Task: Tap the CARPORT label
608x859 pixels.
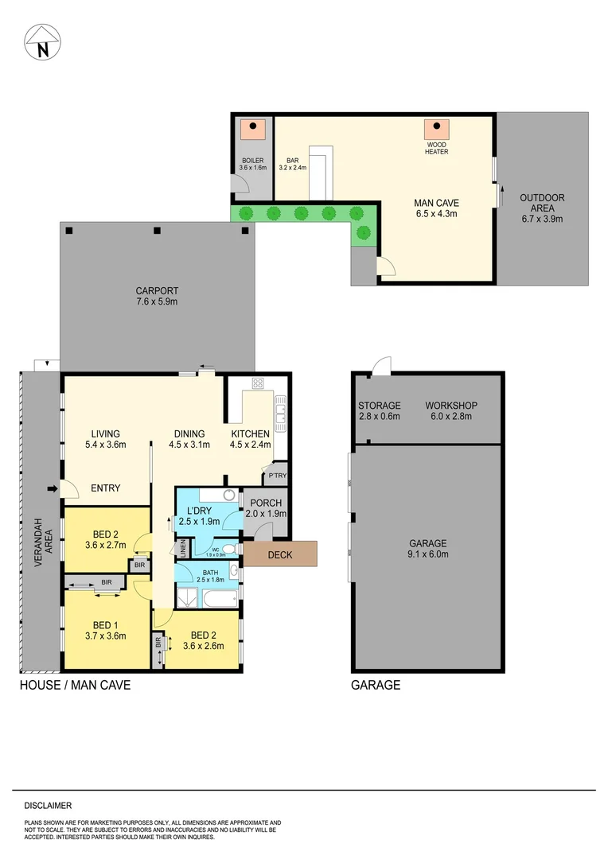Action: (x=156, y=290)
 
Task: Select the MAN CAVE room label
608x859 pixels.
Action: (x=436, y=202)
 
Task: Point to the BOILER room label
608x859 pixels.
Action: (x=252, y=160)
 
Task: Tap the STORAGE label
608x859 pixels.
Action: (x=379, y=405)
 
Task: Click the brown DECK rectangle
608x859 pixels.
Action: (x=280, y=554)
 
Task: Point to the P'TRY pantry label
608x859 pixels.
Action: (x=276, y=476)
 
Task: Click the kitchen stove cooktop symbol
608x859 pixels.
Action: (x=258, y=383)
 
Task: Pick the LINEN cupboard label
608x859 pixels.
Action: (x=182, y=548)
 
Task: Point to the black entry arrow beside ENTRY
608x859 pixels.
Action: (x=53, y=488)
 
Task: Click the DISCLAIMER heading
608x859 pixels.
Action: (x=48, y=806)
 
